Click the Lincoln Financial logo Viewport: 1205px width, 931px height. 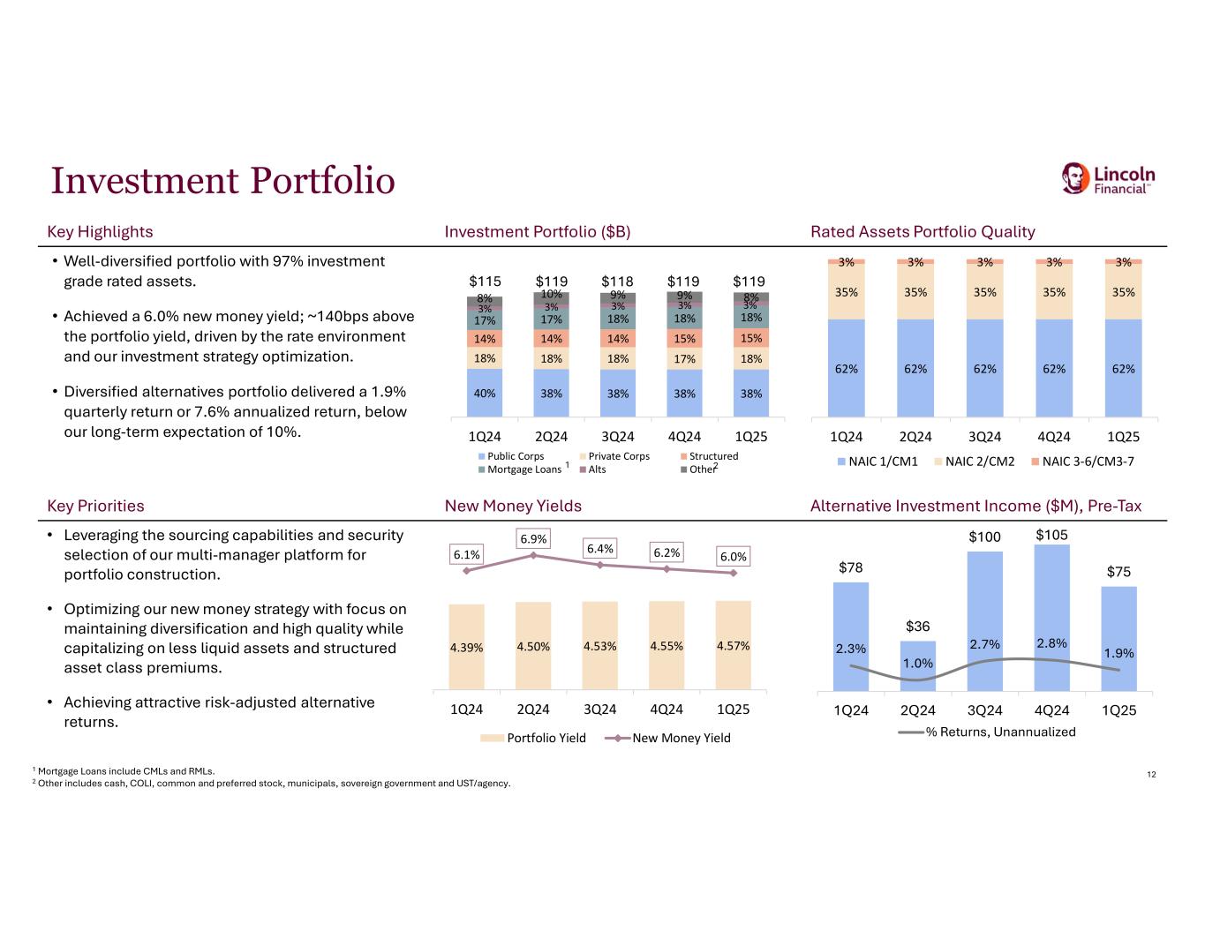pos(1108,178)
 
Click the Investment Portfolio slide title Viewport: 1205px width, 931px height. pos(223,181)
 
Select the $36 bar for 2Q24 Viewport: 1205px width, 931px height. pos(918,665)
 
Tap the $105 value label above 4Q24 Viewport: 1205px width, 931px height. pos(1051,535)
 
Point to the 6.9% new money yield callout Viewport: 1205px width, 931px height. pos(533,538)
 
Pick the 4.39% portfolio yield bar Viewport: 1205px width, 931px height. pos(466,647)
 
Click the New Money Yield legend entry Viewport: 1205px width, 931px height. pos(667,738)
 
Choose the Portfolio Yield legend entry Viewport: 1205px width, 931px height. pos(533,738)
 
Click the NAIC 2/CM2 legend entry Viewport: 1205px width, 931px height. pos(975,461)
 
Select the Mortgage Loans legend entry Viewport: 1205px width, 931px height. pos(520,469)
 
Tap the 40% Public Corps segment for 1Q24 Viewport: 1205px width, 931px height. pos(485,393)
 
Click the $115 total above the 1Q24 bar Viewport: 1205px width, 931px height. pos(485,282)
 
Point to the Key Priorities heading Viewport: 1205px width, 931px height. pos(95,506)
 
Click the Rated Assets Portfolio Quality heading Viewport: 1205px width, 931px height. pos(923,231)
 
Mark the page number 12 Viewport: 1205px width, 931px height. pos(1151,774)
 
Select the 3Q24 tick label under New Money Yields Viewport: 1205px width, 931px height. pos(600,710)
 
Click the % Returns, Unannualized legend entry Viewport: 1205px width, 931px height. pos(987,732)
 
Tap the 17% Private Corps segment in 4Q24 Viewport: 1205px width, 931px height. pos(684,358)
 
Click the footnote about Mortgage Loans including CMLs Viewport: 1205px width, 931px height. pos(124,771)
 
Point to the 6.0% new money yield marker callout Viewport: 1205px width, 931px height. pos(733,556)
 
